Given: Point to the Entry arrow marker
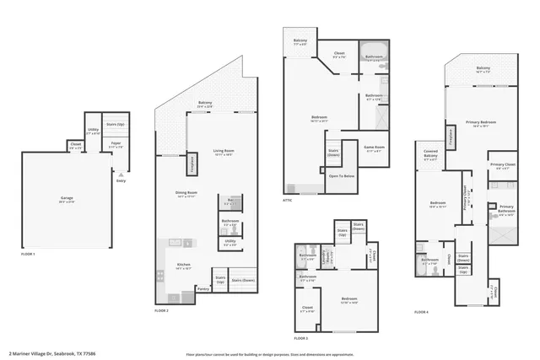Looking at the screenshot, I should click(120, 175).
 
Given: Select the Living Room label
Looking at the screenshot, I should click(223, 153).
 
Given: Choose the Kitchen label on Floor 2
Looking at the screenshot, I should click(184, 266).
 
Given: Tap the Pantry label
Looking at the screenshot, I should click(202, 288).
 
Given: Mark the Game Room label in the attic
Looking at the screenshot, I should click(374, 148).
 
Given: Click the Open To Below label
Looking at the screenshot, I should click(342, 175).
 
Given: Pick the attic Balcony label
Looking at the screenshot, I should click(300, 41).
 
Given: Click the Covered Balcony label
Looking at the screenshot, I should click(430, 154).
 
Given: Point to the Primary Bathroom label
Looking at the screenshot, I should click(506, 209).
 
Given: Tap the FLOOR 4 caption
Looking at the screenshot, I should click(421, 311).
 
